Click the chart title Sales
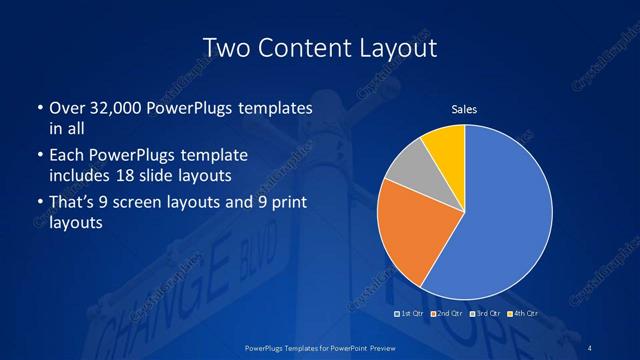click(465, 109)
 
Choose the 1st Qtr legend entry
click(411, 314)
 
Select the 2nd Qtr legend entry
click(447, 314)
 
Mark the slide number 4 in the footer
click(590, 347)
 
